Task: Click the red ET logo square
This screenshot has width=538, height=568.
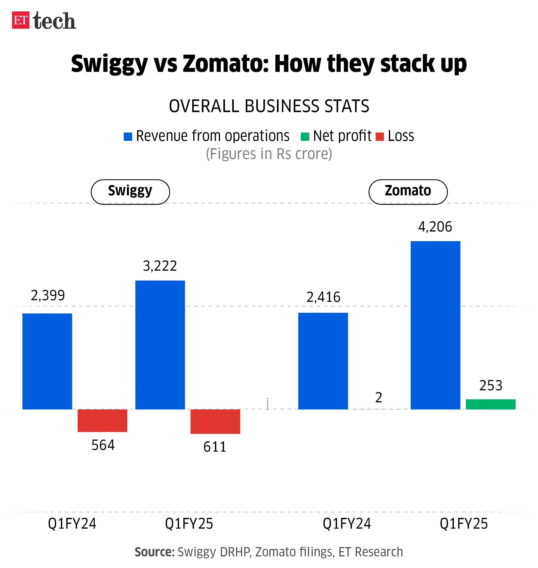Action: pos(20,20)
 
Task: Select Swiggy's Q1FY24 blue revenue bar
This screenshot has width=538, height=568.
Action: pos(47,361)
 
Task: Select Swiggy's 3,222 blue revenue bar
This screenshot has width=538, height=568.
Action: pos(160,345)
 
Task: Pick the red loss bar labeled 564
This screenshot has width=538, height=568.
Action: pos(102,420)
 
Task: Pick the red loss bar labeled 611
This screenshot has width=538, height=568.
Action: pos(215,421)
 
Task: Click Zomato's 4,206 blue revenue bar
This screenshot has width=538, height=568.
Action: pos(435,325)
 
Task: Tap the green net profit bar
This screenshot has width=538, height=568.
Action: pos(490,404)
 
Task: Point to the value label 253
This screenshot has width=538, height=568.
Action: pos(491,385)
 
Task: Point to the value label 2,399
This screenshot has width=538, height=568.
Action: pos(48,295)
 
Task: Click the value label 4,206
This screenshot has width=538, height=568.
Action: pos(435,227)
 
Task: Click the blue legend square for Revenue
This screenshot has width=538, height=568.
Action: pos(128,136)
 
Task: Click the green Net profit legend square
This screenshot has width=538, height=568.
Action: pos(305,136)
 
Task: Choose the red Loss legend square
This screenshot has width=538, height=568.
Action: pos(380,136)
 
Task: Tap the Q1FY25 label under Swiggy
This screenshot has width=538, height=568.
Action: pos(189,523)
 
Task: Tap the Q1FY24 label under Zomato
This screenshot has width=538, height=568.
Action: pos(347,523)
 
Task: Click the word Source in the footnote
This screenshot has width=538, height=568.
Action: pos(154,552)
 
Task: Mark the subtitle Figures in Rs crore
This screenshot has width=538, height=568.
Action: pos(269,154)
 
